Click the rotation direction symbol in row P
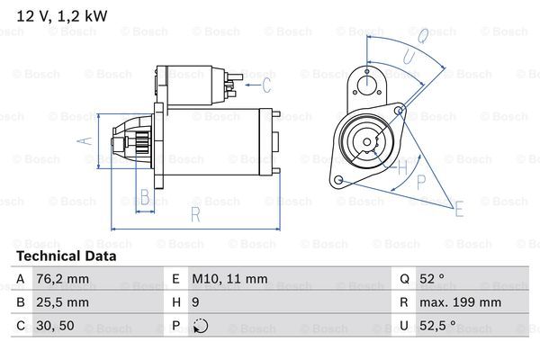200,326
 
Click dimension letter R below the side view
195,214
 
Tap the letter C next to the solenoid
266,86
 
